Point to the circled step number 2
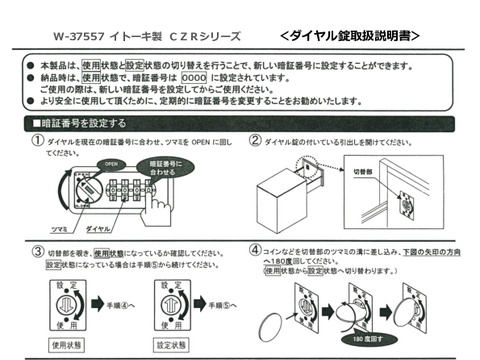coord(256,142)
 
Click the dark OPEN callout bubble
coord(112,162)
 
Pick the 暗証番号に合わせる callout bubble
coord(168,165)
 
